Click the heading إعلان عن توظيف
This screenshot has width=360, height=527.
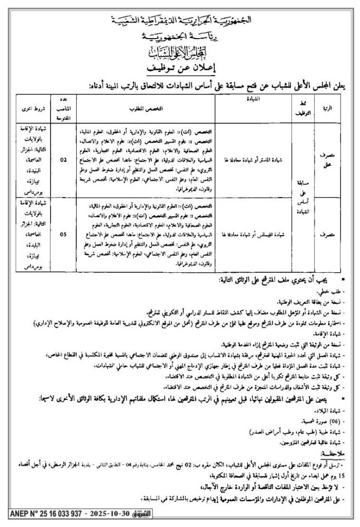(180, 67)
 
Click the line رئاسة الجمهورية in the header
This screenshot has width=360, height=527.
(180, 38)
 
